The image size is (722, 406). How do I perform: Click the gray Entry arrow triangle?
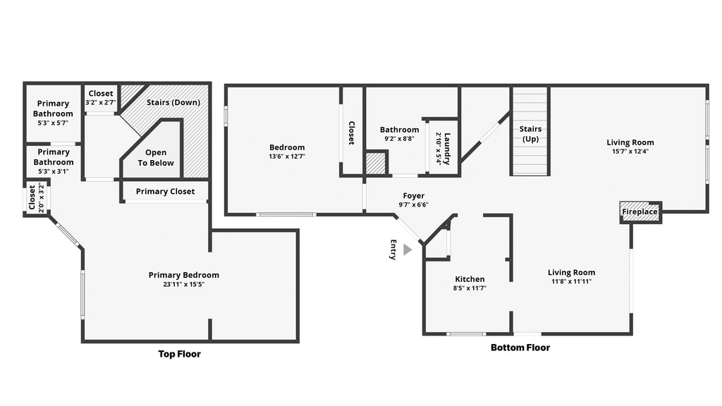[x=407, y=250]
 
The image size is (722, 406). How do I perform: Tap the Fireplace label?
[x=640, y=211]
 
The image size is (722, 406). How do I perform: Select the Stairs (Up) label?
[x=530, y=133]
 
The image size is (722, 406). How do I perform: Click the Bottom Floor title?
[x=520, y=347]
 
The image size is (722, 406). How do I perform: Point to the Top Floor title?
[x=180, y=354]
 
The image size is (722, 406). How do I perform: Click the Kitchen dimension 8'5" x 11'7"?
[x=470, y=288]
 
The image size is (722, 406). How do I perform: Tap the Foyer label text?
[x=413, y=196]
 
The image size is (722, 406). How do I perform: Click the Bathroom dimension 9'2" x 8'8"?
[x=399, y=139]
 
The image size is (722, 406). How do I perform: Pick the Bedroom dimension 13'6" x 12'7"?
[x=288, y=156]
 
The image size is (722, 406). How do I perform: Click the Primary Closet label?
[x=165, y=192]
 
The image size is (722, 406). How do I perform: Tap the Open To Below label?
[x=156, y=157]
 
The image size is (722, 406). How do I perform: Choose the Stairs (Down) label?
[x=173, y=102]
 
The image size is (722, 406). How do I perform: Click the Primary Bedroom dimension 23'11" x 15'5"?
[x=184, y=284]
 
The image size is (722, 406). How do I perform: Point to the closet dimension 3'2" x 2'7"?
[x=100, y=102]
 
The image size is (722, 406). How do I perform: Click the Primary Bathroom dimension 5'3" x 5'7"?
[x=53, y=123]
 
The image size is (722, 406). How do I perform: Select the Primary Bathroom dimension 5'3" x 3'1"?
[x=54, y=171]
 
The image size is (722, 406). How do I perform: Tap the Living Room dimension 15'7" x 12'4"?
[x=630, y=151]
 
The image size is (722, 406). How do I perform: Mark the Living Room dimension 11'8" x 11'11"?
[x=571, y=281]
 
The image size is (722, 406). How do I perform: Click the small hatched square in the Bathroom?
[x=375, y=164]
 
